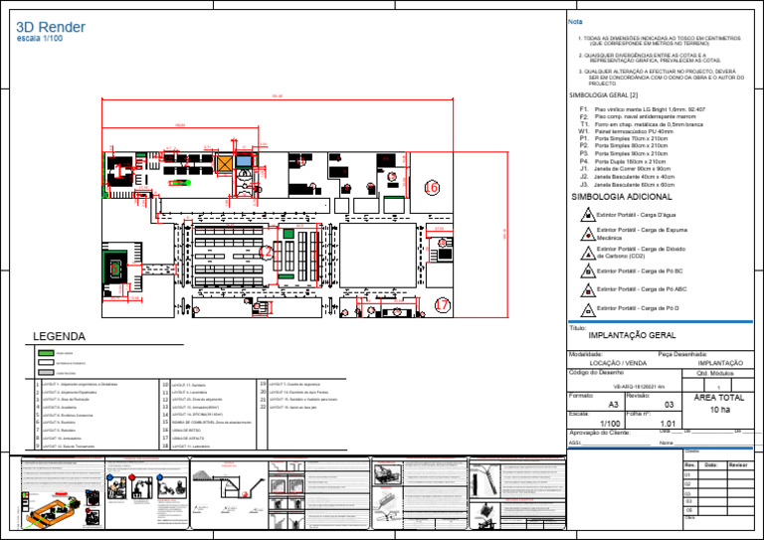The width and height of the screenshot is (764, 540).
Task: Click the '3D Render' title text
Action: [51, 27]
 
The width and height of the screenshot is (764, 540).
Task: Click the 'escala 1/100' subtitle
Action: [40, 39]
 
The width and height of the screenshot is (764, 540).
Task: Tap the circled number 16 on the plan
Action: [430, 187]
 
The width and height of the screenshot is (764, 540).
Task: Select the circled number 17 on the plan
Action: [442, 305]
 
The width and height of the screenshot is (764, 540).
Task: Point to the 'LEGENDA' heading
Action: [59, 337]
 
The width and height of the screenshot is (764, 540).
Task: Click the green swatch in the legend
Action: [46, 353]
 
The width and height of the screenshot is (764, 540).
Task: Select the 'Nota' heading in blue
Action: [574, 22]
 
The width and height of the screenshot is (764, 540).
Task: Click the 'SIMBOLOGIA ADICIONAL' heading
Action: [621, 198]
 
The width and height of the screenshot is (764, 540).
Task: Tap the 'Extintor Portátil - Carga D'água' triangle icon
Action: [588, 215]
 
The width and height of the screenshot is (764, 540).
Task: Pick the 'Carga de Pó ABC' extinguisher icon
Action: [588, 289]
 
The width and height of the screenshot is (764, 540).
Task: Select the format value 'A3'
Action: [613, 405]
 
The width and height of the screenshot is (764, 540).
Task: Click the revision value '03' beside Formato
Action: [669, 405]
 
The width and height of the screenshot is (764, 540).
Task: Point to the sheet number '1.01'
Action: [668, 425]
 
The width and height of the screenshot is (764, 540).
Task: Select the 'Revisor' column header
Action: [739, 464]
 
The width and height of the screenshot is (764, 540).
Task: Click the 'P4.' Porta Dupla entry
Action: [584, 162]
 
